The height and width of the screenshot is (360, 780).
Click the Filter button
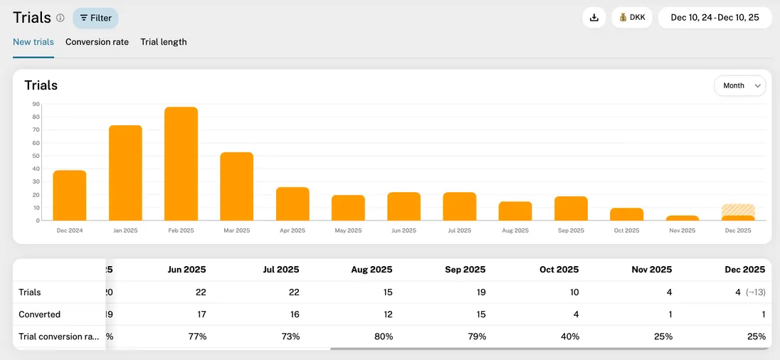click(x=95, y=18)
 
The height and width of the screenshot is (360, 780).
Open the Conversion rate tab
click(x=97, y=42)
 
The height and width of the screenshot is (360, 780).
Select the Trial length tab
click(x=164, y=42)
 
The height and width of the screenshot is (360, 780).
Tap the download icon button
click(x=594, y=18)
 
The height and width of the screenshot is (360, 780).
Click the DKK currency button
click(x=632, y=18)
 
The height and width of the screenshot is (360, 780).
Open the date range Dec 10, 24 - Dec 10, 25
click(x=715, y=18)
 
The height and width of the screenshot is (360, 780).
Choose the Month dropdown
click(x=740, y=85)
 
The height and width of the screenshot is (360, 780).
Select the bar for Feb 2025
click(x=181, y=164)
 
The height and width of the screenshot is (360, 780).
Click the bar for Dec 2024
click(x=70, y=196)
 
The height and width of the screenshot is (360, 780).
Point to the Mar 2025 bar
click(x=236, y=186)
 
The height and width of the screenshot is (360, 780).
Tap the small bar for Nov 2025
click(x=682, y=218)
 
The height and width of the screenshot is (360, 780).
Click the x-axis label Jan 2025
click(x=125, y=231)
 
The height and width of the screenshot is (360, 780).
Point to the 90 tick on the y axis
click(x=36, y=104)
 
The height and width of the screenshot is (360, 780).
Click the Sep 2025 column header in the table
click(x=465, y=270)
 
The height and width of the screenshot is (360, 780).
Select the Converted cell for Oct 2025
click(x=574, y=314)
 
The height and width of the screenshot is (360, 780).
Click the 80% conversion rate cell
click(x=382, y=337)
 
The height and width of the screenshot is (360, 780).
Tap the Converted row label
click(x=39, y=314)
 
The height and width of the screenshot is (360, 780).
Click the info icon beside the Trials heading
click(x=60, y=18)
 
